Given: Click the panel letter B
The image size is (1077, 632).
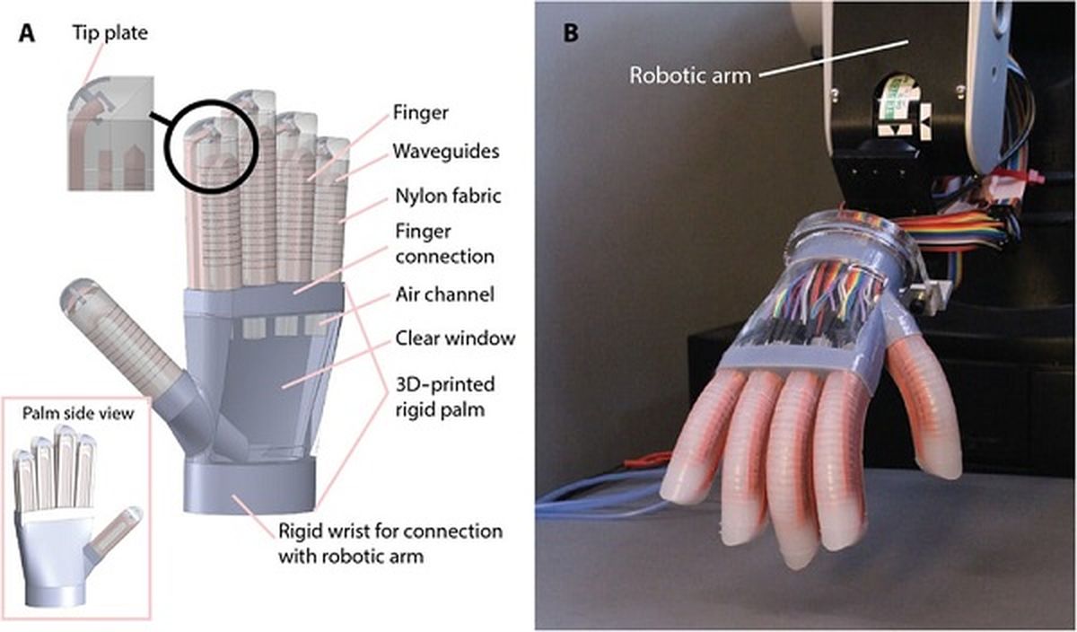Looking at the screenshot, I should click(x=570, y=35).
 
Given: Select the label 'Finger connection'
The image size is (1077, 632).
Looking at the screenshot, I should click(x=442, y=245).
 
